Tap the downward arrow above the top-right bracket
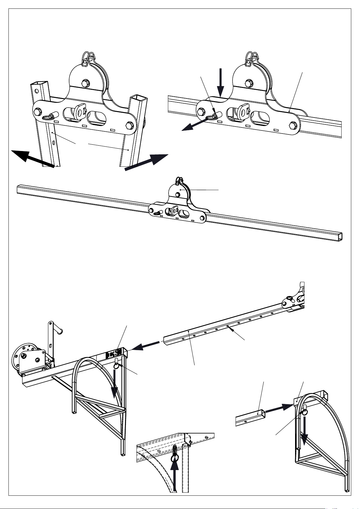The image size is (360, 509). click(220, 82)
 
